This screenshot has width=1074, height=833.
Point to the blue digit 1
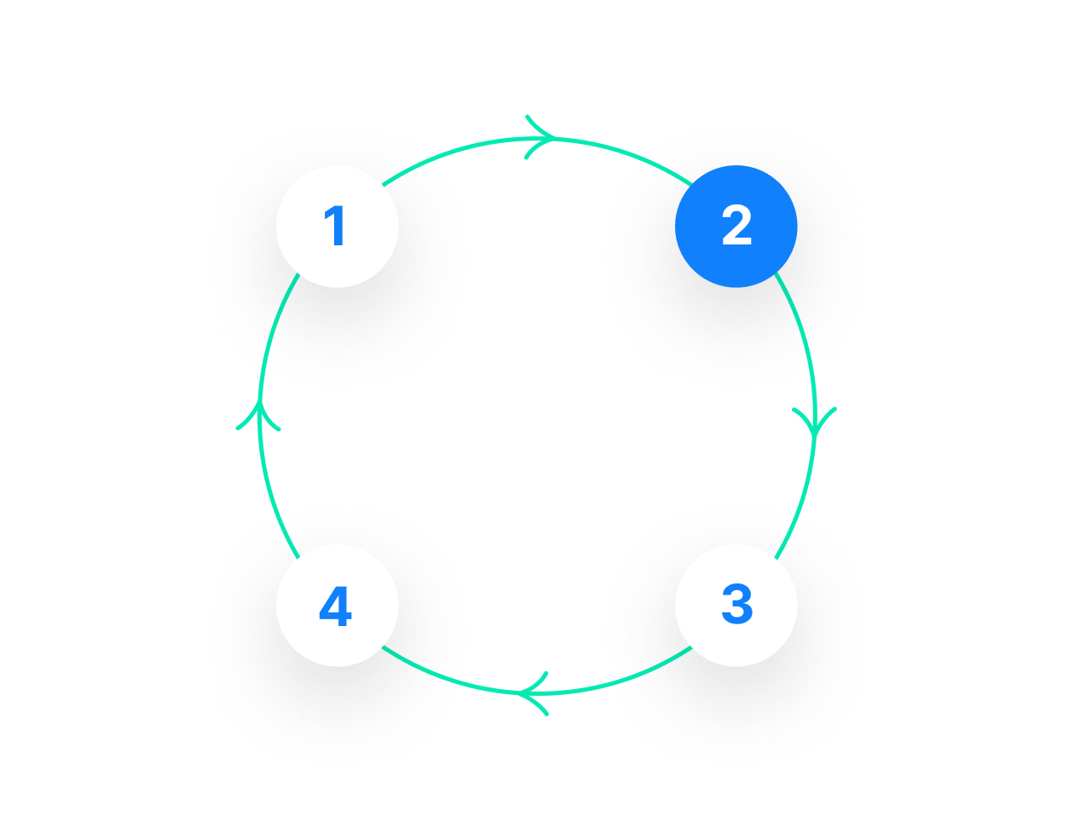(x=336, y=227)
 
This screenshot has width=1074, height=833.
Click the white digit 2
(x=736, y=227)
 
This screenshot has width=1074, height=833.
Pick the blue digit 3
(x=736, y=605)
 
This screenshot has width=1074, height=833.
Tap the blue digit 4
(x=335, y=607)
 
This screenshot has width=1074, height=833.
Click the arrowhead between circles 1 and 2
(x=542, y=137)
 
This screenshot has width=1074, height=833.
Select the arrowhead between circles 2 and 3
(x=814, y=422)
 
